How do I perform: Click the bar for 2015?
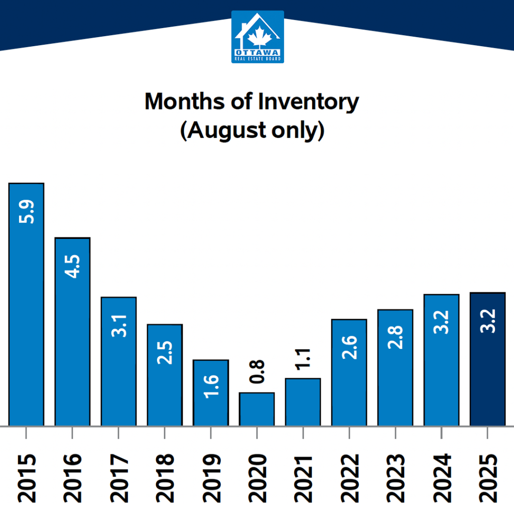click(x=26, y=304)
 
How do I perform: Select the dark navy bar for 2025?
click(x=487, y=359)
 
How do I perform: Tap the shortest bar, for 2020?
click(x=256, y=409)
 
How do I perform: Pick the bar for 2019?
click(x=211, y=393)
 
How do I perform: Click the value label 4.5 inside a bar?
click(x=72, y=267)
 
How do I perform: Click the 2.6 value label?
click(x=349, y=346)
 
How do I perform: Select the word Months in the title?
click(x=185, y=102)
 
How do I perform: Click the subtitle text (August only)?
click(x=252, y=130)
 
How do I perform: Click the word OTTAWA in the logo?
click(x=258, y=52)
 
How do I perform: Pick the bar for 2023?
click(x=395, y=367)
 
